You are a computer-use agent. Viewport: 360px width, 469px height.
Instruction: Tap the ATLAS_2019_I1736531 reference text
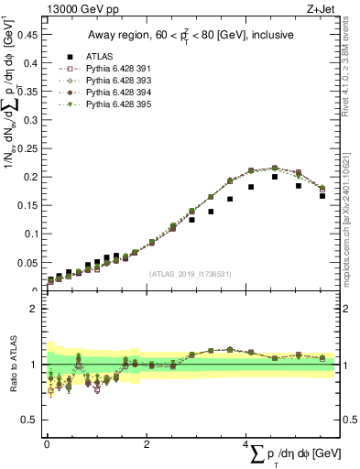coord(191,274)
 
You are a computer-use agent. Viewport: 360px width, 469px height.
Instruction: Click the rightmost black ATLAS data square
coord(322,195)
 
